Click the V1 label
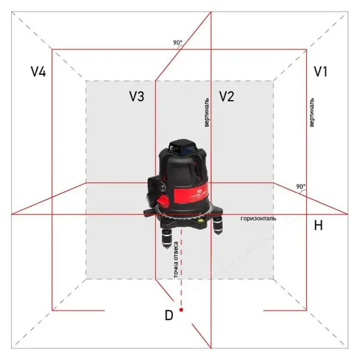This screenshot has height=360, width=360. coord(321,71)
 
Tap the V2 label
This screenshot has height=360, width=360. coord(227,96)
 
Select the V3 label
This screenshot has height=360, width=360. coord(137,96)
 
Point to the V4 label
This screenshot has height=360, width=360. coord(38,71)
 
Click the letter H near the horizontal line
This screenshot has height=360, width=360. coord(318,225)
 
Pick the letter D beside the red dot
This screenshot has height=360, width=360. coord(169,315)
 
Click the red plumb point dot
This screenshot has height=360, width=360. coord(181,310)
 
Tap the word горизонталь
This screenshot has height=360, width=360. coord(258,218)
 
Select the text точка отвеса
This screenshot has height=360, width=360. coord(176,259)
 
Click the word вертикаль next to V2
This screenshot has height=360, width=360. coord(206,112)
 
